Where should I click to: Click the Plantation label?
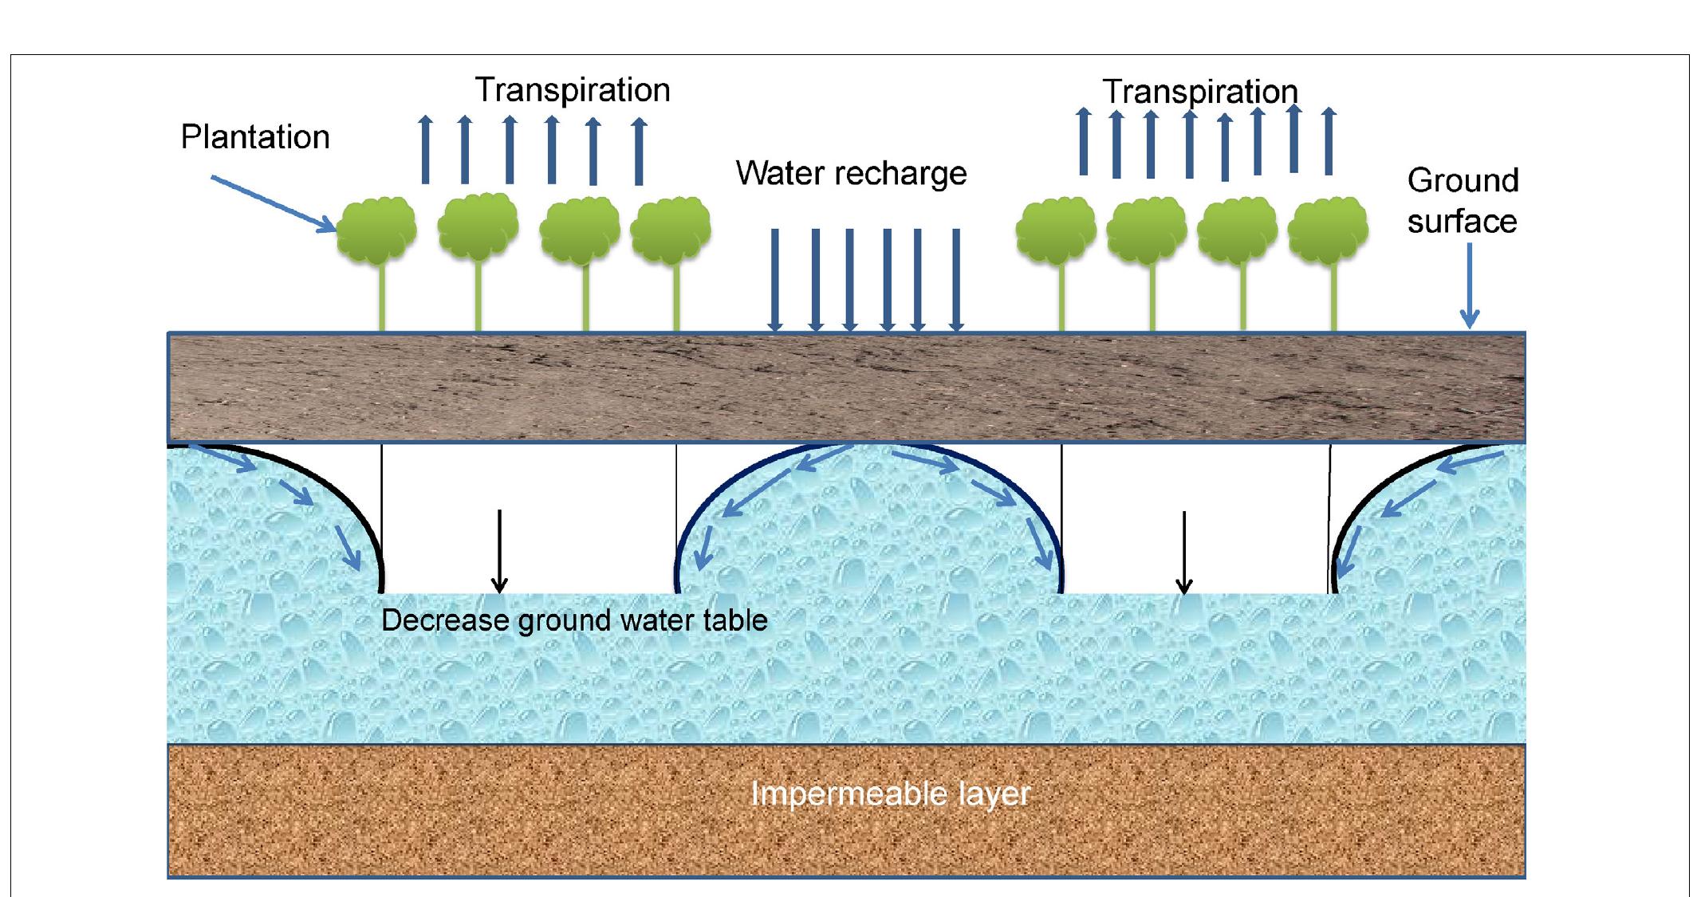coord(254,137)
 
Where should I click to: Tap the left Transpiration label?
coord(572,89)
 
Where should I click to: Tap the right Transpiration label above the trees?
coord(1199,92)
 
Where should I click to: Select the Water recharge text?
coord(851,173)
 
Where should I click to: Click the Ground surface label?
coord(1462,201)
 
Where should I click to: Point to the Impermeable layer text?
coord(890,793)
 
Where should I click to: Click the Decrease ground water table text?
coord(573,620)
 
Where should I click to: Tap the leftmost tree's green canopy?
coord(376,228)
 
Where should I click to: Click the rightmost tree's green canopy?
coord(1328,230)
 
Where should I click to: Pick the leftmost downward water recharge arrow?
coord(774,279)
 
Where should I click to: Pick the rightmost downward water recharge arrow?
coord(956,279)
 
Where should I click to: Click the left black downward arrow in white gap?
coord(499,551)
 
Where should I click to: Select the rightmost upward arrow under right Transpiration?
coord(1329,141)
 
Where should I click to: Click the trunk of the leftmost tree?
coord(382,295)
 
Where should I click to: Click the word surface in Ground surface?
coord(1462,222)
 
